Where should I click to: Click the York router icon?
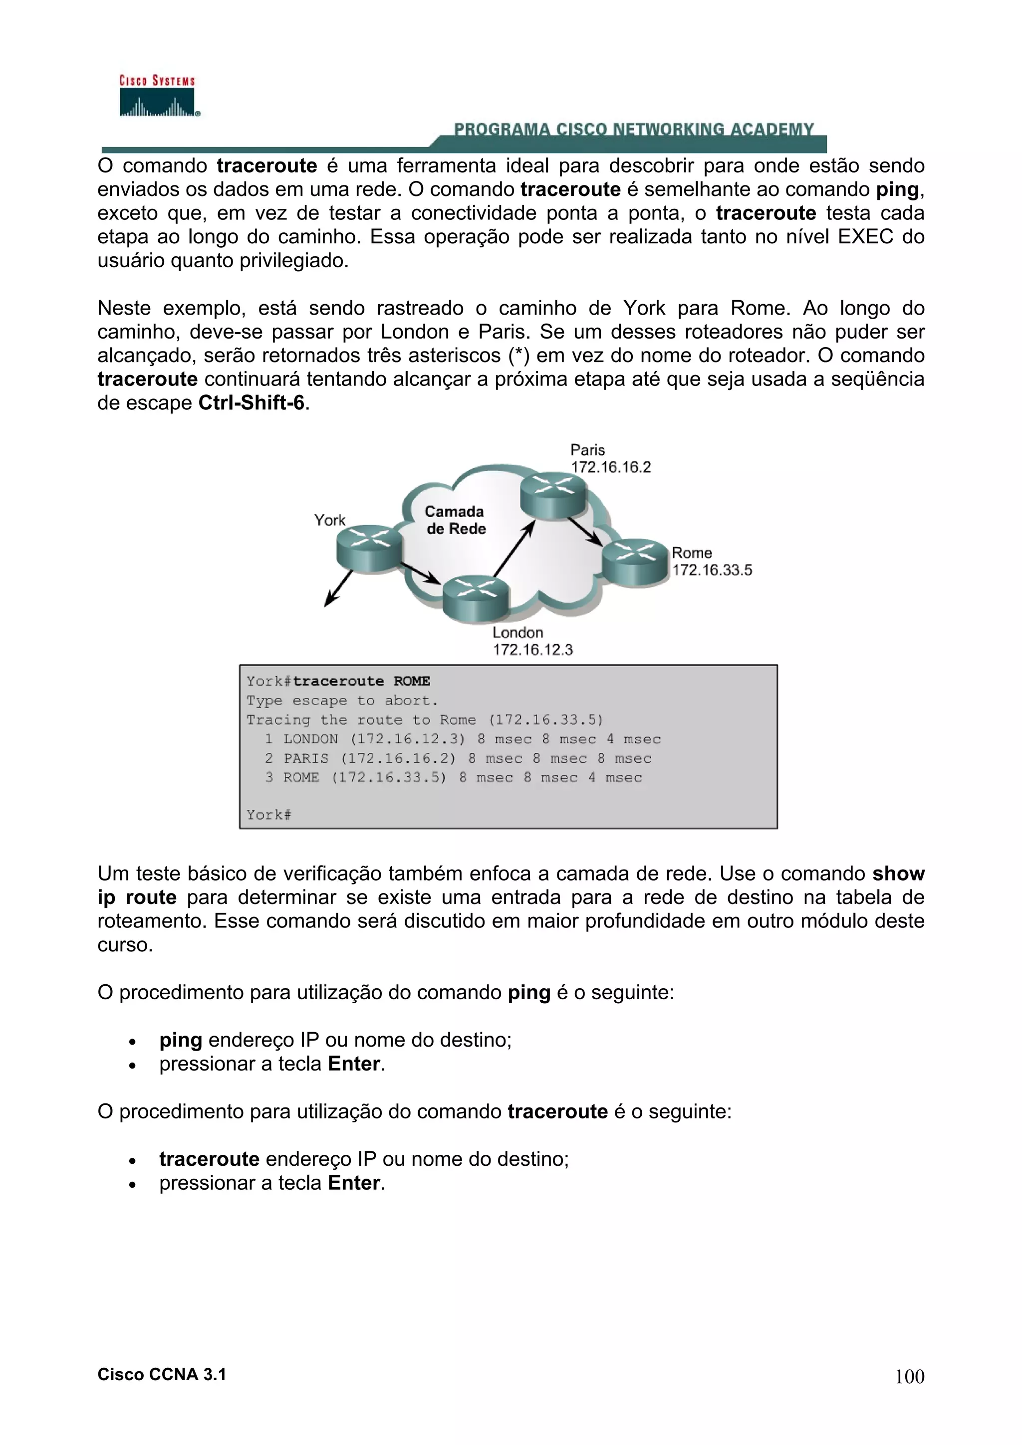(369, 548)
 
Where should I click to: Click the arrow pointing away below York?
(338, 588)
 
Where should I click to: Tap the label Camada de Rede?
(455, 520)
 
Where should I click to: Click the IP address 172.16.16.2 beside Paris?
(610, 467)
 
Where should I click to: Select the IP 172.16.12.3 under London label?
(533, 650)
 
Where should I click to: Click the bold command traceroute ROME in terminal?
(361, 681)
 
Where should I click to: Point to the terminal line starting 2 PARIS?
(458, 758)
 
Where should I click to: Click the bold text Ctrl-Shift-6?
(251, 403)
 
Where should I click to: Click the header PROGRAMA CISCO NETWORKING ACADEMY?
(633, 130)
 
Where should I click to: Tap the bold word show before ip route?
(898, 874)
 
